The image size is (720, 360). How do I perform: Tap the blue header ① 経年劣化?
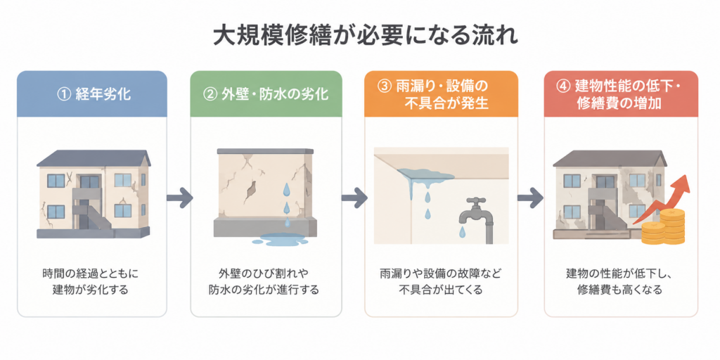[x=92, y=94]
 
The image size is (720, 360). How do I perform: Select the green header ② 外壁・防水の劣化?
[x=266, y=94]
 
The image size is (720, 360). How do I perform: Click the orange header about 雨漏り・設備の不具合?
[x=440, y=94]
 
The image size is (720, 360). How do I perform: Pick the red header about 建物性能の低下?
[x=621, y=94]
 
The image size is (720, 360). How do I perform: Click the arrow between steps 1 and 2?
[x=179, y=198]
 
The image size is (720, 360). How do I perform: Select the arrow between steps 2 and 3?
[x=354, y=198]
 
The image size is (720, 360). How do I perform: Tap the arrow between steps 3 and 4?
[x=531, y=198]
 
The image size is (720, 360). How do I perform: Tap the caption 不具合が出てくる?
[x=440, y=290]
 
